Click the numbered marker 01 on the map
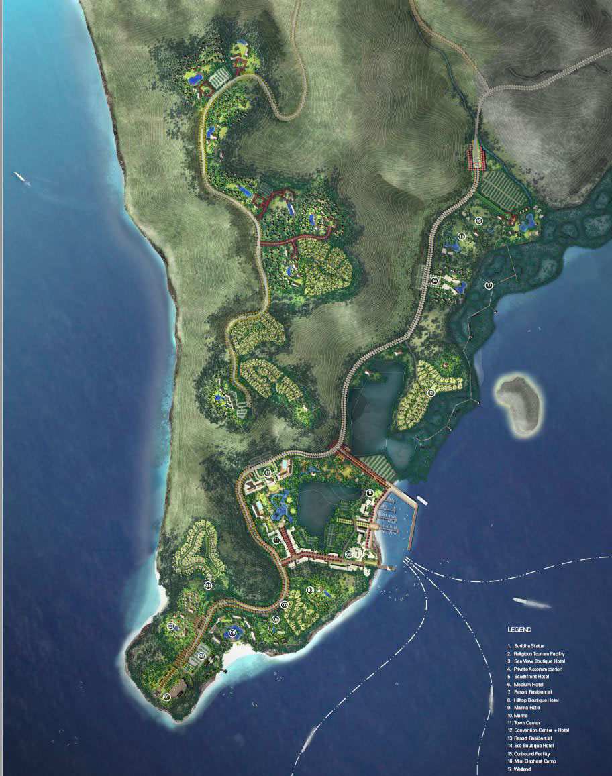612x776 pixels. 166,697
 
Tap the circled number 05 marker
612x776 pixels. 233,632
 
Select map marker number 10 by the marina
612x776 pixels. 370,493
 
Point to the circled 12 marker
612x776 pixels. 267,473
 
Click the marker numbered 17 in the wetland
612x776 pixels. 489,286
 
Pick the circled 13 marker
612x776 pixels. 431,392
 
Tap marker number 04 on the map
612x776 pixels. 208,586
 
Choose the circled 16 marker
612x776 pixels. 479,221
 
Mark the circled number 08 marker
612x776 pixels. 310,590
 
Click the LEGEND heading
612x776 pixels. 519,630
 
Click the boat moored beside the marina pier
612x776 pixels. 423,500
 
